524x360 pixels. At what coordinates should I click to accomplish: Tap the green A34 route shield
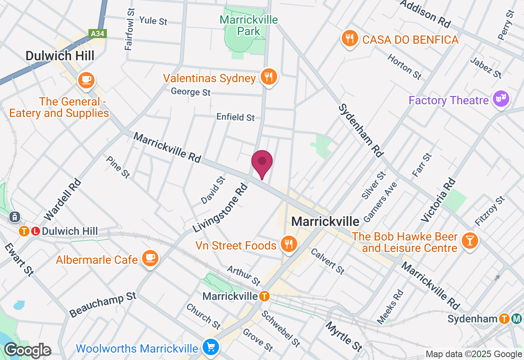click(x=97, y=34)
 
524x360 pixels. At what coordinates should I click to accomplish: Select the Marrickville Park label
click(x=248, y=25)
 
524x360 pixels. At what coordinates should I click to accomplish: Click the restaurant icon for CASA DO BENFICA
click(x=349, y=39)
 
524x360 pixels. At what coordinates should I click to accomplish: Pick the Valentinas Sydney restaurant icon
click(x=269, y=77)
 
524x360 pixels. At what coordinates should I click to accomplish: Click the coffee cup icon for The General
click(x=86, y=79)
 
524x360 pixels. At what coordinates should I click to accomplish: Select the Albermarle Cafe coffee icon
click(x=150, y=258)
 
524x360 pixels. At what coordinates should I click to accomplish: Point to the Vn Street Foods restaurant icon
click(x=289, y=244)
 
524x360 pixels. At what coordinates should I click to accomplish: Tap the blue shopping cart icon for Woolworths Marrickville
click(x=211, y=348)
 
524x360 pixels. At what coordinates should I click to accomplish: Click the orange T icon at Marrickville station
click(x=264, y=296)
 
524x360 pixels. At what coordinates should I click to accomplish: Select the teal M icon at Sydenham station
click(x=517, y=319)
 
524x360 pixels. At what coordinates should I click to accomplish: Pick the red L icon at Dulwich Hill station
click(x=36, y=231)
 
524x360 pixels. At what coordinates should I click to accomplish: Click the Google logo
click(x=27, y=351)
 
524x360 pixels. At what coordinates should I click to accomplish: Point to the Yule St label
click(x=153, y=20)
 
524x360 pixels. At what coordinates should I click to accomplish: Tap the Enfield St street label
click(x=235, y=117)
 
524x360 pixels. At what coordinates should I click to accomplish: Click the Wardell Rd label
click(x=62, y=199)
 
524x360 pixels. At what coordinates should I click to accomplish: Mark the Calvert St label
click(x=327, y=261)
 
